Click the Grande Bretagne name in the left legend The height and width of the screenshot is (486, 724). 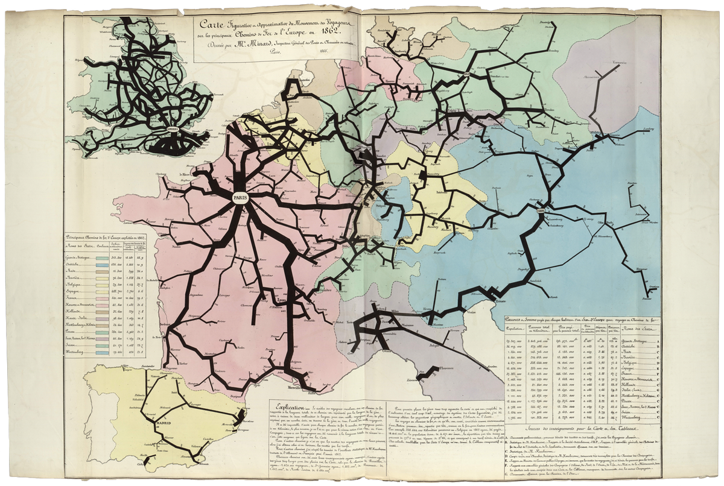[x=78, y=258]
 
